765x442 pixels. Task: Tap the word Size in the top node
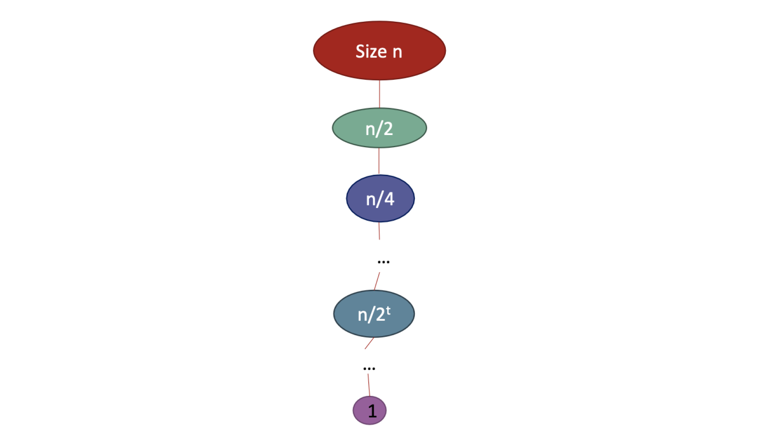[371, 51]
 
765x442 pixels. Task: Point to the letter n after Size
[397, 52]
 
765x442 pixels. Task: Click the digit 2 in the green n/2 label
[388, 129]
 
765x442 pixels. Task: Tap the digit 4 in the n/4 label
[389, 199]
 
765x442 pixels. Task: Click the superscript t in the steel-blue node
[388, 310]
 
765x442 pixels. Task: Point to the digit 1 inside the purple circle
[372, 411]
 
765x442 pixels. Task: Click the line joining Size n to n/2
[380, 94]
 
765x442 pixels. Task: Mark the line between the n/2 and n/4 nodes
[379, 161]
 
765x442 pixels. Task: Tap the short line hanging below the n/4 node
[379, 231]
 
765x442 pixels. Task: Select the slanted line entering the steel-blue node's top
[377, 281]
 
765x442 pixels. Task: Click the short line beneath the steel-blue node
[369, 343]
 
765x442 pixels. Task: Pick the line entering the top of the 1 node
[369, 385]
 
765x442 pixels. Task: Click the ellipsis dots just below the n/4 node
[383, 262]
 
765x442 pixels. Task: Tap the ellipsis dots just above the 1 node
[369, 369]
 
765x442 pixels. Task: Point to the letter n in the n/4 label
[371, 200]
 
